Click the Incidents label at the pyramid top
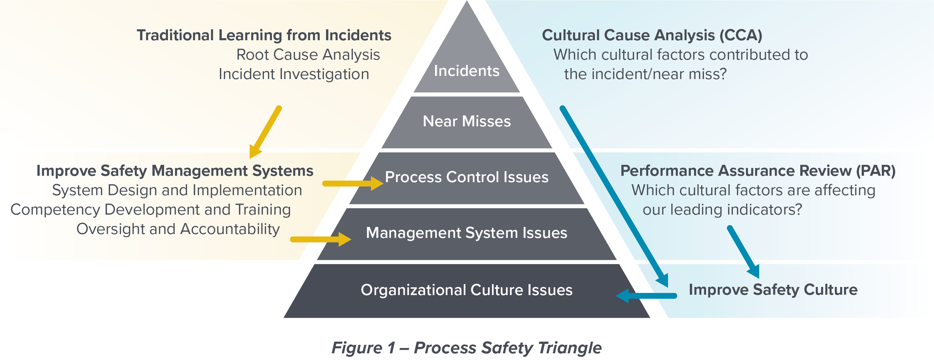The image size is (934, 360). click(466, 71)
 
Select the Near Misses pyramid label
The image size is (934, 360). click(466, 121)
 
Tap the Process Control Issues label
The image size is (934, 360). click(466, 177)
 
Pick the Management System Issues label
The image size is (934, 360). click(466, 233)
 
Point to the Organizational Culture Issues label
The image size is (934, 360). click(466, 290)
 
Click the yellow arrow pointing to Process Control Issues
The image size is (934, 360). click(352, 184)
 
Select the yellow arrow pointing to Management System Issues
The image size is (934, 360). click(320, 239)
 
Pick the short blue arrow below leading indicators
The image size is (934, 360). click(743, 252)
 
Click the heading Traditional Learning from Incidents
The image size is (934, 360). click(264, 36)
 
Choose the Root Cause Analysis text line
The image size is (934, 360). click(308, 55)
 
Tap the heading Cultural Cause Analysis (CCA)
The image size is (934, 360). click(652, 36)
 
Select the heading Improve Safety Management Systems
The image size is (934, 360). click(175, 171)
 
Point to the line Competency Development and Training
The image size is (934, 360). click(150, 210)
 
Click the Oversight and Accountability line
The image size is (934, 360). click(178, 229)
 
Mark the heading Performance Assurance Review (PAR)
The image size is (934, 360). click(758, 171)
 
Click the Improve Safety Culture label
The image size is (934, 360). click(773, 290)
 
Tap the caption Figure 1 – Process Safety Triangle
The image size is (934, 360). click(466, 348)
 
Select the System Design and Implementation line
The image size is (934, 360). click(177, 190)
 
